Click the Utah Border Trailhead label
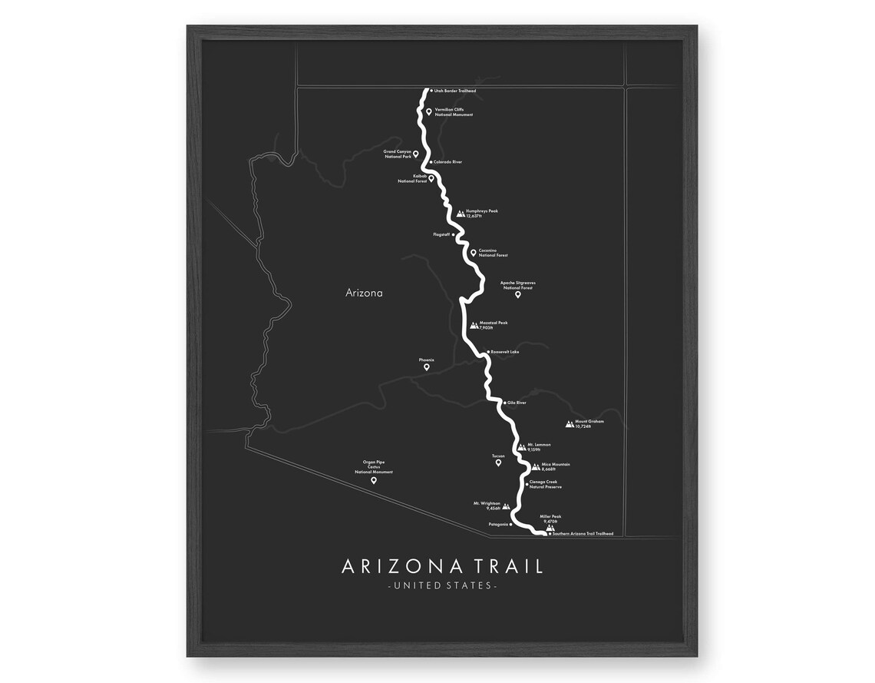coord(455,91)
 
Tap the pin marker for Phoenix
coord(427,367)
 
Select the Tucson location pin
coord(498,463)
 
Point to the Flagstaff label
coord(442,234)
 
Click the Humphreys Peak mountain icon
coord(461,214)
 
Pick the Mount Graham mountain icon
coord(570,423)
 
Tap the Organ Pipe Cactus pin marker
coord(374,480)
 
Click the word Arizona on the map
coord(364,293)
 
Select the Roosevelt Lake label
coord(505,352)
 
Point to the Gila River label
coord(516,403)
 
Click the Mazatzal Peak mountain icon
coord(474,325)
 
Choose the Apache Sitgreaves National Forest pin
coord(518,294)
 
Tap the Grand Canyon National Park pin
coord(416,154)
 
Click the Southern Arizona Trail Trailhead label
coord(583,533)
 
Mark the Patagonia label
coord(498,525)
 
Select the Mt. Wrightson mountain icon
coord(506,506)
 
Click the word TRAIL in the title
coord(507,567)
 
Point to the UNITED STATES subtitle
coord(442,586)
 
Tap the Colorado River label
coord(447,162)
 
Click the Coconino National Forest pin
coord(474,251)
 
